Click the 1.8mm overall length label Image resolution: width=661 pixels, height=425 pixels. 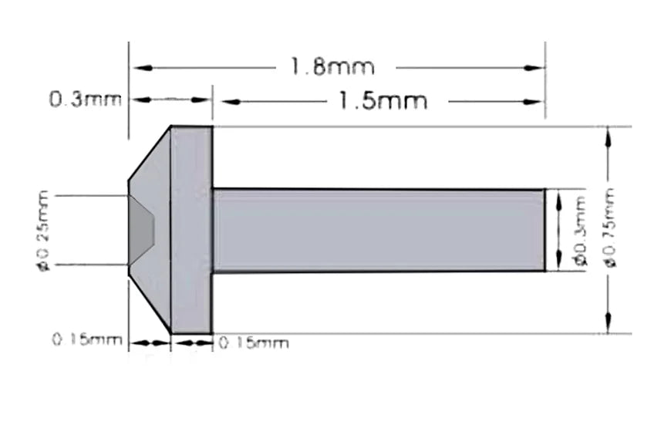tap(332, 67)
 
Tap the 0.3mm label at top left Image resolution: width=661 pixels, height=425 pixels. tap(84, 100)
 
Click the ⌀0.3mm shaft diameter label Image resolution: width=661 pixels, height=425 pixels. tap(580, 231)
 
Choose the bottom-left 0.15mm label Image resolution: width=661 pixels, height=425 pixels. tap(87, 340)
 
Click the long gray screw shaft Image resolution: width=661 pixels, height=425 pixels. tap(378, 230)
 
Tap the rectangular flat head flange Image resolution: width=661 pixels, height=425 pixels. tap(191, 230)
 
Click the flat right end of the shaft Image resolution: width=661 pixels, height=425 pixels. tap(545, 230)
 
